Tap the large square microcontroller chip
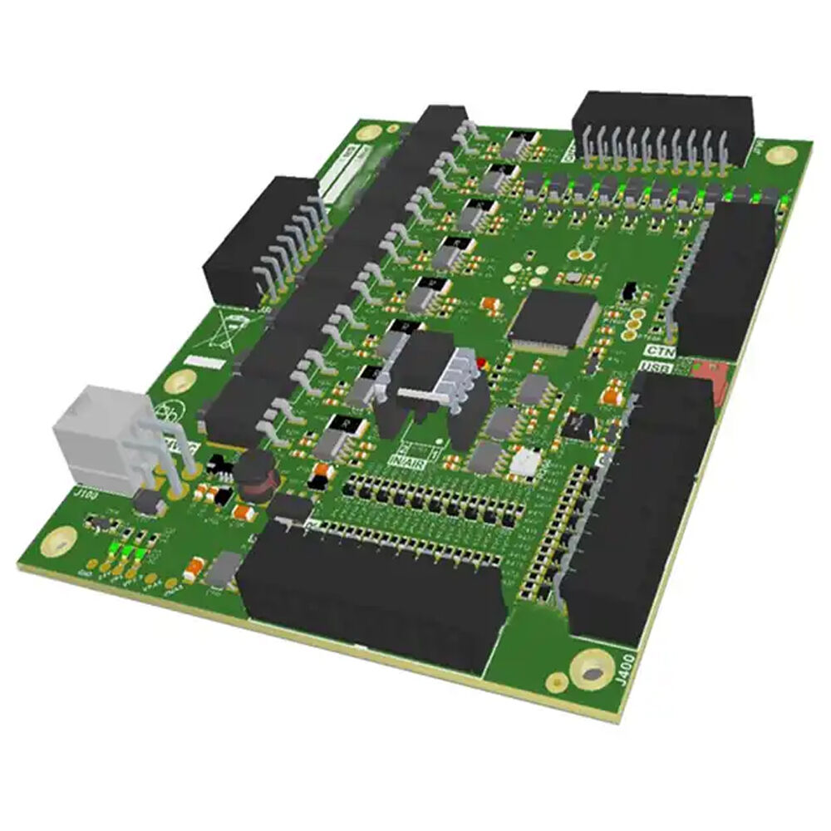553,319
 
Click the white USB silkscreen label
656,366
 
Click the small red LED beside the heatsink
479,362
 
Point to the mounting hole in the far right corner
780,155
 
